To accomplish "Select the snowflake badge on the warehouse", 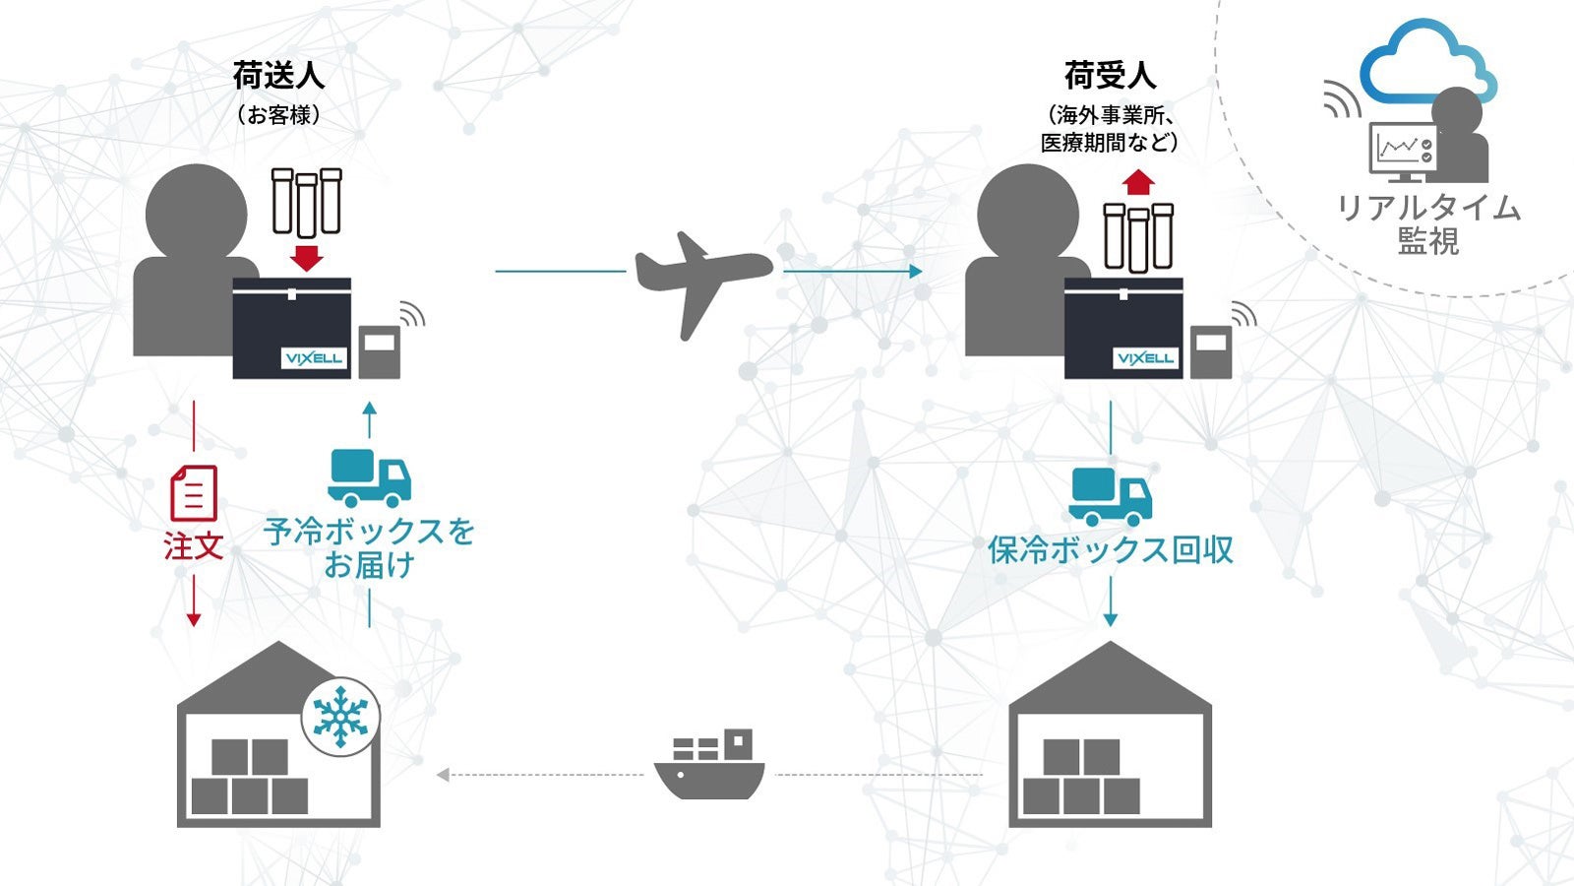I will tap(340, 716).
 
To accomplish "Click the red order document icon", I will tap(194, 493).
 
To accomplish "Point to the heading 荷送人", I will tap(278, 76).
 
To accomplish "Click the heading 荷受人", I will tap(1110, 76).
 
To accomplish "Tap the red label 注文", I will tap(194, 546).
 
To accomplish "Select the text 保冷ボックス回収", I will tap(1111, 549).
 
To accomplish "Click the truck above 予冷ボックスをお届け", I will tap(369, 476).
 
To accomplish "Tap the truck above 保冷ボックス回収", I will tap(1111, 496).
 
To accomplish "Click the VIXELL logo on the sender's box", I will tap(313, 357).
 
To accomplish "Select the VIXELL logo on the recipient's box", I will tap(1145, 357).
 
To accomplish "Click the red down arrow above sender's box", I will tap(307, 258).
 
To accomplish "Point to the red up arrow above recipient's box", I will tap(1139, 182).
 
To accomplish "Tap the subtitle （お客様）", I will tap(278, 115).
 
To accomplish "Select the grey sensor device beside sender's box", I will tap(379, 351).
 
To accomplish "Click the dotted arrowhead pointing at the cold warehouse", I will tap(444, 775).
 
